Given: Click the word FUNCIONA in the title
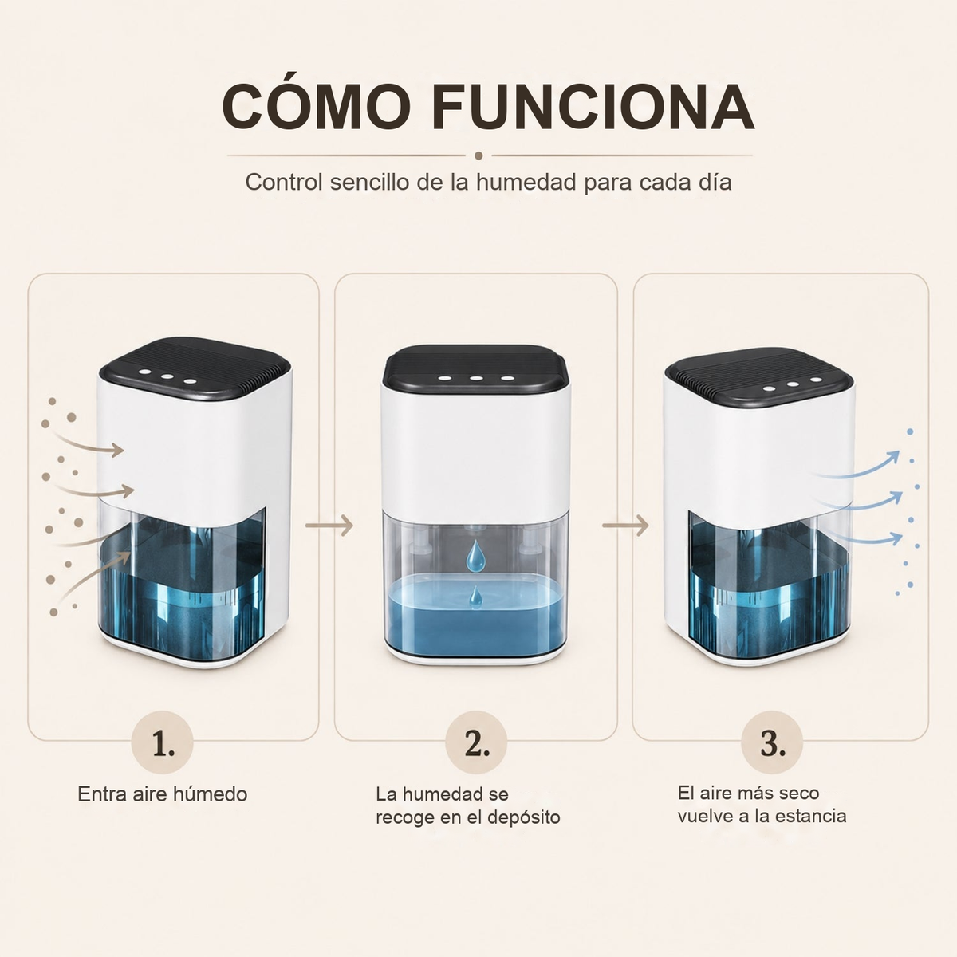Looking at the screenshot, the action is point(593,107).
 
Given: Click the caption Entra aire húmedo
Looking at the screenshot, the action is point(163,794).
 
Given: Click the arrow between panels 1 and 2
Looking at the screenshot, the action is point(329,525).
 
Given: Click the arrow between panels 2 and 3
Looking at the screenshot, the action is point(626,525).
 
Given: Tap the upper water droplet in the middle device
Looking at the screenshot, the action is point(476,555).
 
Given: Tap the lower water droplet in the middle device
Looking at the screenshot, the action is point(476,597).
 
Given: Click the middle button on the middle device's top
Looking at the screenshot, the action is point(476,379).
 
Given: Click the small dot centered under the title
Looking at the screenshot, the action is point(478,156).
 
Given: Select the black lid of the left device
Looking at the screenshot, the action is point(195,369).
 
